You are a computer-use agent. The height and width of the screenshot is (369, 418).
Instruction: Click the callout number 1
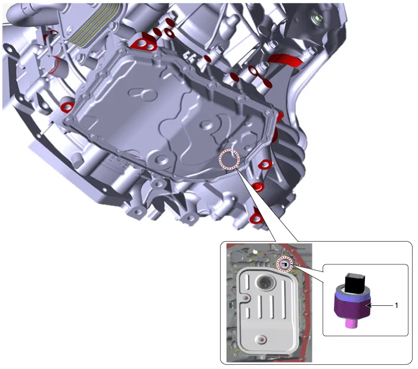(396, 305)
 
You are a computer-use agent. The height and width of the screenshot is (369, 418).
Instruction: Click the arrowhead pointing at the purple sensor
(369, 306)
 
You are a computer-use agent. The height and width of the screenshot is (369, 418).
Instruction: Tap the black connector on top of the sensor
(352, 283)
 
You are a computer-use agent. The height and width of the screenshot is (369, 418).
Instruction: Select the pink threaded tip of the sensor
(351, 323)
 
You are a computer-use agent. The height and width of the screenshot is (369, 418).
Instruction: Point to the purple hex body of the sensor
(351, 307)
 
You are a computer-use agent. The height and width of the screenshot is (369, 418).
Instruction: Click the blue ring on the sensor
(351, 294)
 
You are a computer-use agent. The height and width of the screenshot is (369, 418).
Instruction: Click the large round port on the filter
(265, 282)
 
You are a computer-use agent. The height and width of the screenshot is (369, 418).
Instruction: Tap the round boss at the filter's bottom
(261, 339)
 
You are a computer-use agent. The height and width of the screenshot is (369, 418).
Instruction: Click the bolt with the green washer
(317, 18)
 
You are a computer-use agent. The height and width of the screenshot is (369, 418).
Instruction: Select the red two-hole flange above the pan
(143, 43)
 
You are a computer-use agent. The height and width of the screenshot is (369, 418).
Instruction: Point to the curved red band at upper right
(285, 60)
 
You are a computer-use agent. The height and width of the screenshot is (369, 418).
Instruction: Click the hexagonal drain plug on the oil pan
(247, 138)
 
